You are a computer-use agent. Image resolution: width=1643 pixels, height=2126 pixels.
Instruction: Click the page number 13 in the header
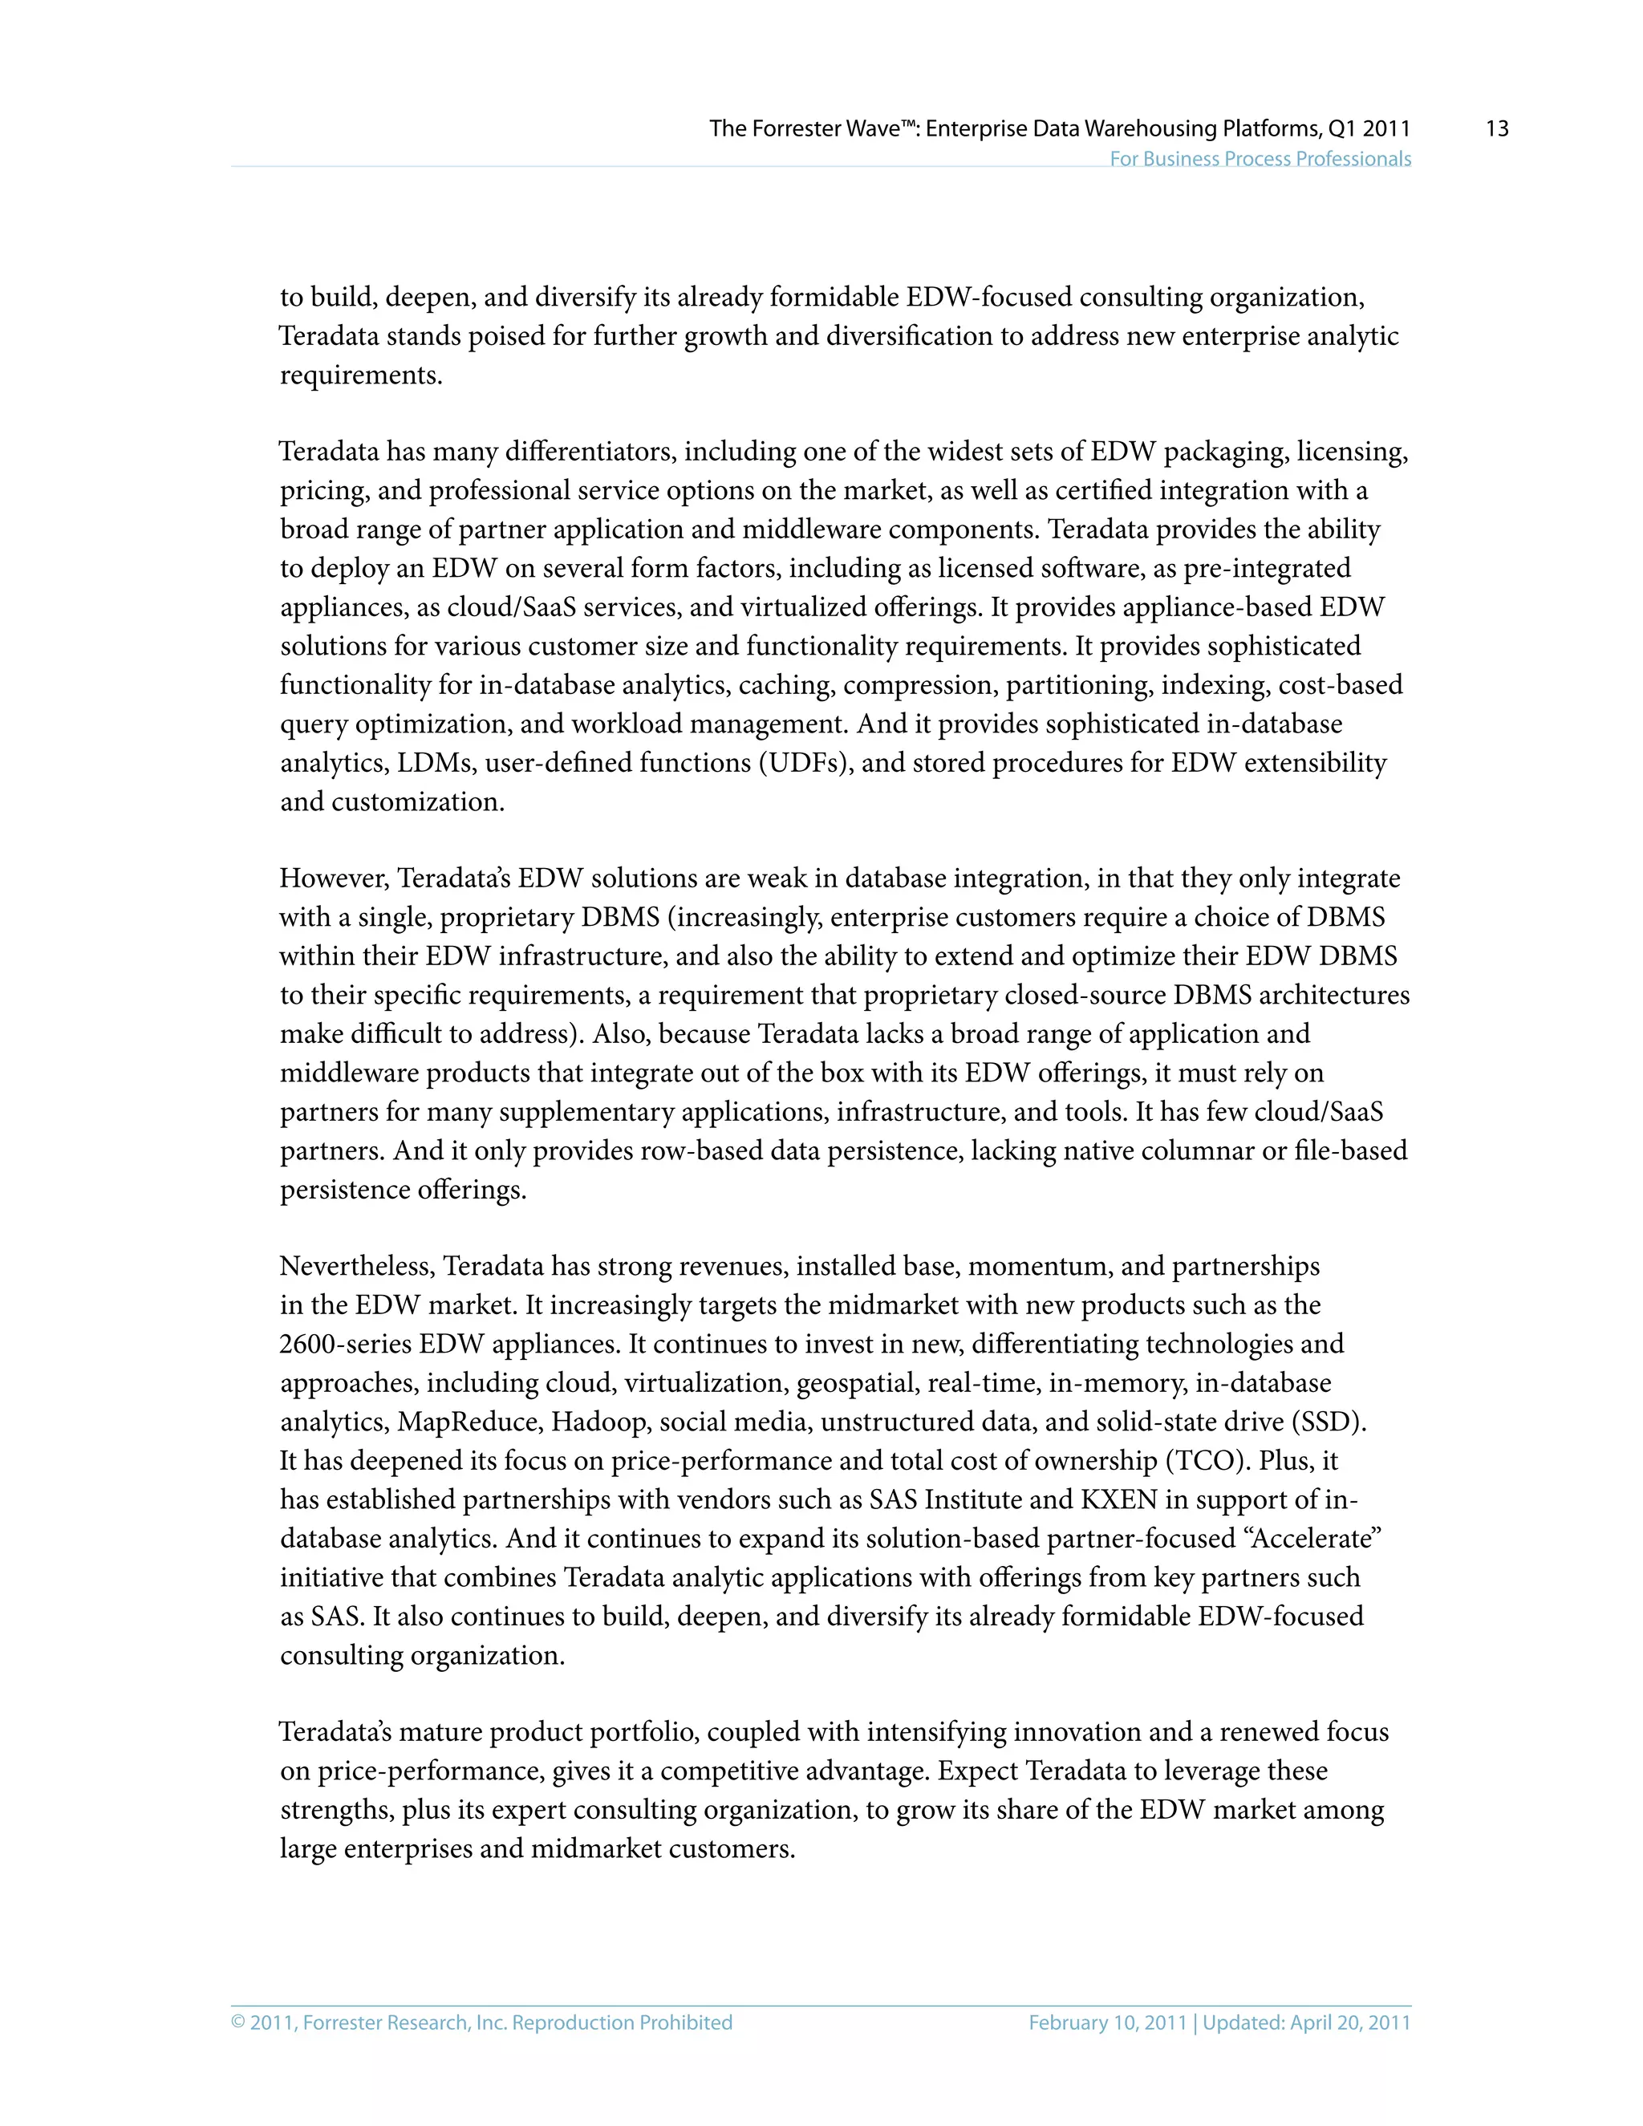(x=1496, y=128)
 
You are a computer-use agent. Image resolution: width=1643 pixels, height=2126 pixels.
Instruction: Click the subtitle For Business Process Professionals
(x=1260, y=159)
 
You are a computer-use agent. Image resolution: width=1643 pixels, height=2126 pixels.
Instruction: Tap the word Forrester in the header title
(x=799, y=128)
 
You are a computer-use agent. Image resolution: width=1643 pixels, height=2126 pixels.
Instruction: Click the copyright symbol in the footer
(x=238, y=2022)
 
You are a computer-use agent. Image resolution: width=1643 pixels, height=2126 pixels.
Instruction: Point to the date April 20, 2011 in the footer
(x=1350, y=2022)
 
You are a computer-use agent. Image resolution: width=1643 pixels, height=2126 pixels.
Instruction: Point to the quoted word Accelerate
(x=1316, y=1538)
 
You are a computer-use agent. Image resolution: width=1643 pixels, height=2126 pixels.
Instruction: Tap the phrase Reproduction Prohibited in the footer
(x=622, y=2022)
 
